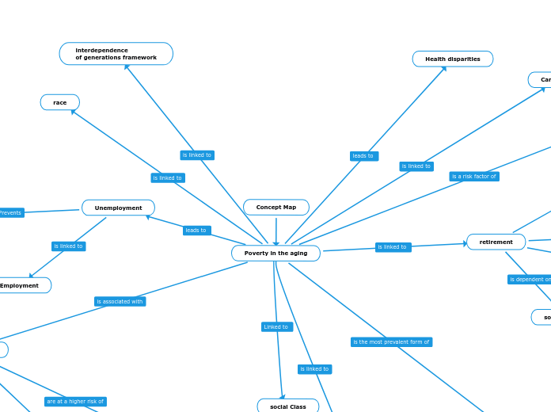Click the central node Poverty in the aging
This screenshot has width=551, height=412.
pos(275,254)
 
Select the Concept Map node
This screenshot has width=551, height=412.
pos(276,208)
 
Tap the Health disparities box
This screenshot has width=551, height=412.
pos(452,59)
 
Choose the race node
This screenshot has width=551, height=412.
pos(60,103)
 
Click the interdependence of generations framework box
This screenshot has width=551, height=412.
pos(116,54)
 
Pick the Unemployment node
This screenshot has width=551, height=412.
pos(119,208)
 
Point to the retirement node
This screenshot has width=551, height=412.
pos(496,242)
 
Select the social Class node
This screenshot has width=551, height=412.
pos(288,406)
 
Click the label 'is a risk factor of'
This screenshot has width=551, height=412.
pos(473,177)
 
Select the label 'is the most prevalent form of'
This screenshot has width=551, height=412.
pos(391,342)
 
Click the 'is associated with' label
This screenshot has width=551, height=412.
pos(120,302)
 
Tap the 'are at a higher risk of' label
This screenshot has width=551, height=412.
pos(75,402)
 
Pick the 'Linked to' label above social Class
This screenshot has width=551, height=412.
pos(276,327)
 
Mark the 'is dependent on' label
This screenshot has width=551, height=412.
pos(530,280)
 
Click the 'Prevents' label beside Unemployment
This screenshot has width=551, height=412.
pos(11,213)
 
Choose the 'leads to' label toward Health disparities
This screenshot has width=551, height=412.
pos(363,156)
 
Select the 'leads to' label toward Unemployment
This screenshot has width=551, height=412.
pos(196,231)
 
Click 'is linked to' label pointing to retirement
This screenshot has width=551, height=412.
pos(393,247)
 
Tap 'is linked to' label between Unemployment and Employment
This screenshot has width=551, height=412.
pos(68,246)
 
